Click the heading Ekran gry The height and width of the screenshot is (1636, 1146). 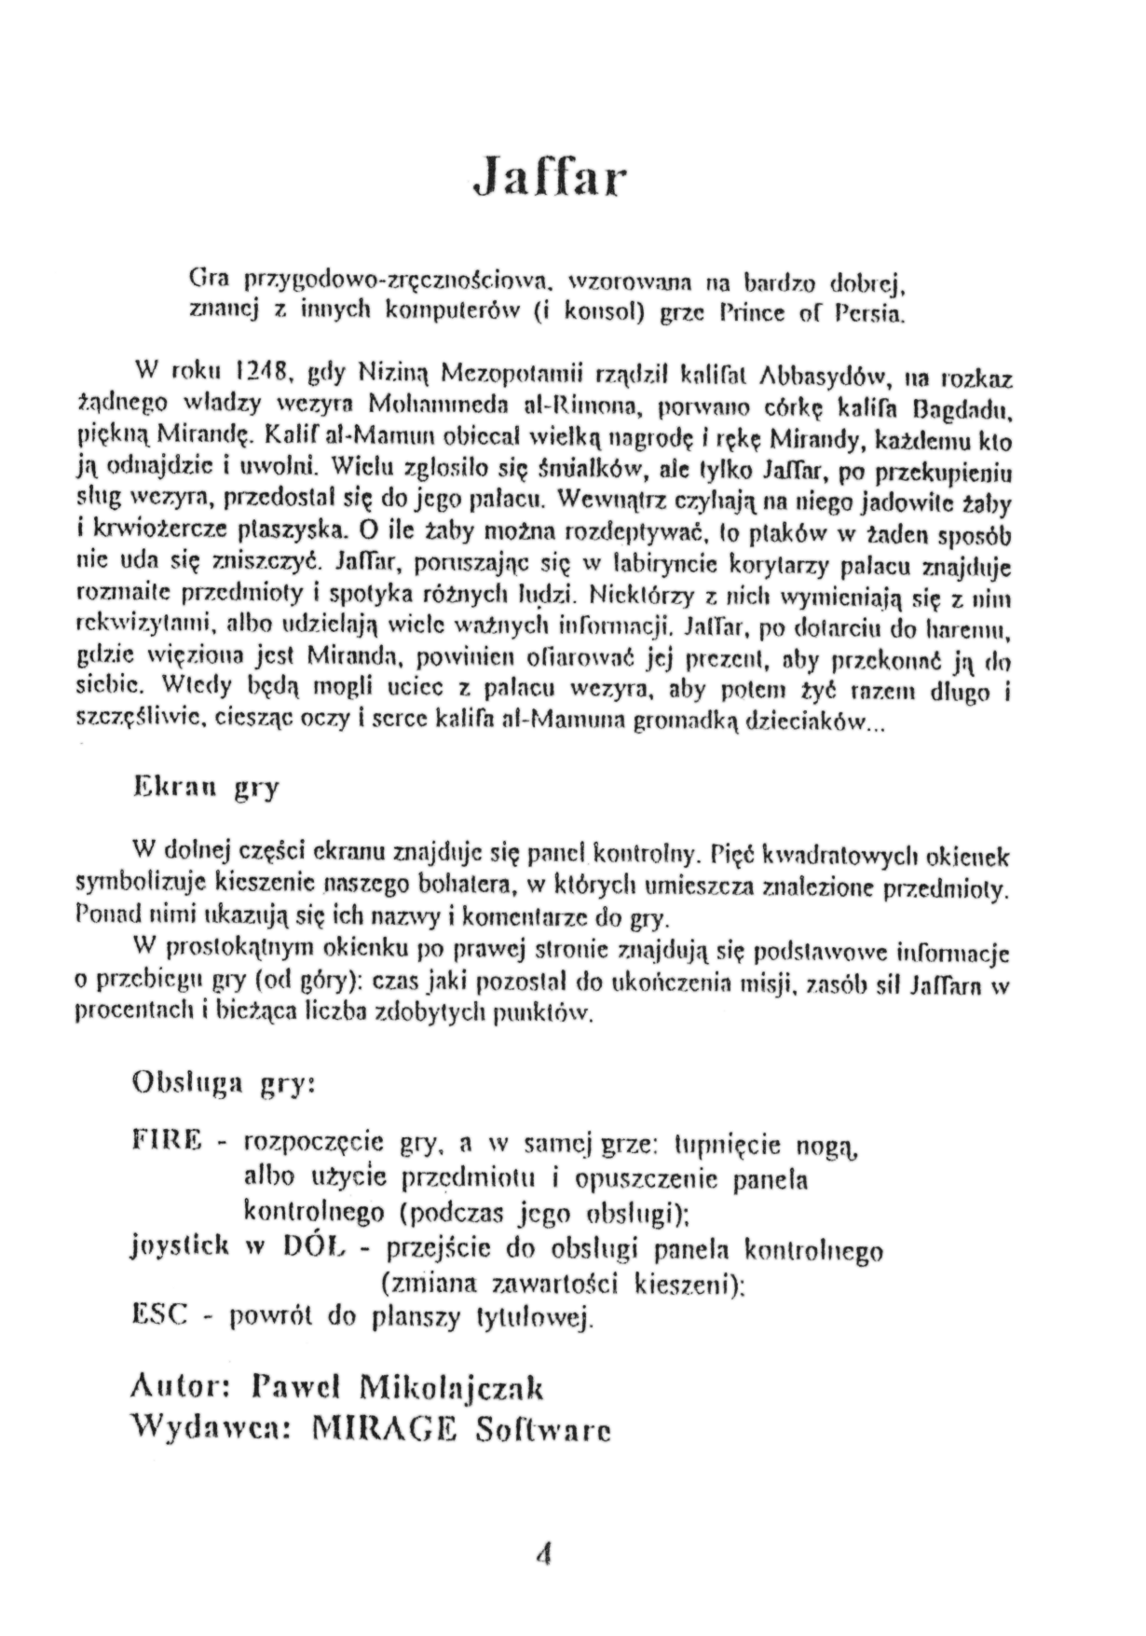(206, 788)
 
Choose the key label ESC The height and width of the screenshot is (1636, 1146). (161, 1314)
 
